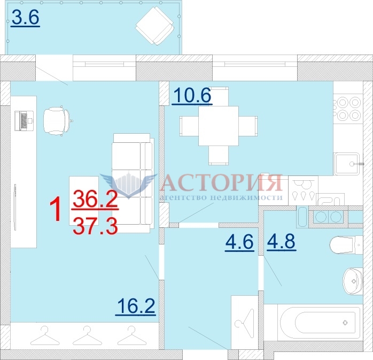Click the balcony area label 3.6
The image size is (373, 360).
[26, 18]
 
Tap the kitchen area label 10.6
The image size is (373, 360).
[192, 95]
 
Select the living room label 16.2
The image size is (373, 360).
[136, 307]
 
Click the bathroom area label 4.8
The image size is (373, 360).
[282, 242]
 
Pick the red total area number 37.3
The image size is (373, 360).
[96, 226]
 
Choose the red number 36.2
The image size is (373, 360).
[96, 200]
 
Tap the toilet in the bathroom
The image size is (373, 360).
[346, 245]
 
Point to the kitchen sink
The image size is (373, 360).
[347, 164]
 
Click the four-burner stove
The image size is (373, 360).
[348, 109]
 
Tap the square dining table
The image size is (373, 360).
[219, 126]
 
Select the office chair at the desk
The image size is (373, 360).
[57, 121]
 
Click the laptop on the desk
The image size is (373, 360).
[24, 121]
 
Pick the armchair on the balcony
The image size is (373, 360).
[154, 25]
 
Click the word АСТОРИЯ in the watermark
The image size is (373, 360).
[222, 183]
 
